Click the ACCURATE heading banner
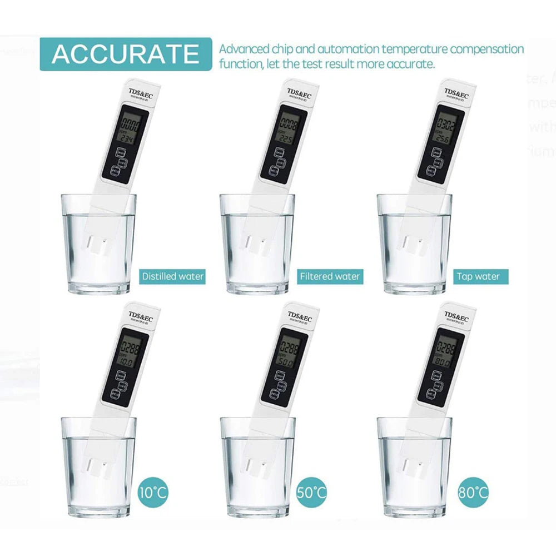125,54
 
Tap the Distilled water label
172,276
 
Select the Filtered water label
330,276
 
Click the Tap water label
478,276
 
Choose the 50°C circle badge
312,492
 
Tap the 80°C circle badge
474,492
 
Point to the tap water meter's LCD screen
443,131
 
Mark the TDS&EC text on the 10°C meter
142,316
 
